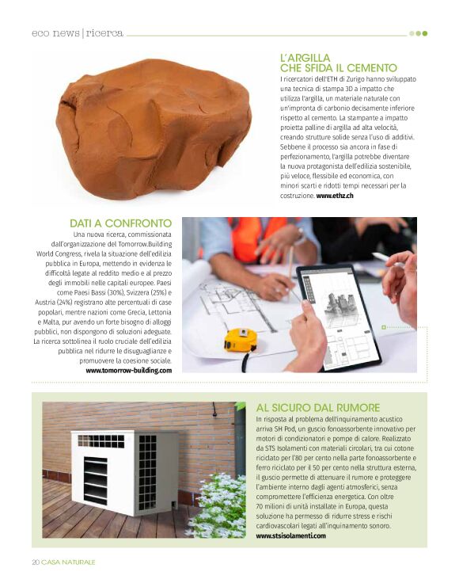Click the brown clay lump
(154, 127)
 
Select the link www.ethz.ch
(335, 195)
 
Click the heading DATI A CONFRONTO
(120, 223)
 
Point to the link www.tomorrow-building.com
(128, 370)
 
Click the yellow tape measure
(239, 340)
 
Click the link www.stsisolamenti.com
(290, 536)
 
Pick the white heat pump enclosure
(113, 472)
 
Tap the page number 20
(36, 562)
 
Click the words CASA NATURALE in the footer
(70, 562)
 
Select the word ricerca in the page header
(105, 33)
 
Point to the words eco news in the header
(55, 33)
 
